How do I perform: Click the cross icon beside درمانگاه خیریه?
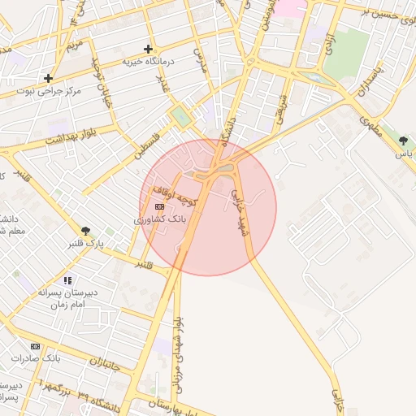click(x=147, y=49)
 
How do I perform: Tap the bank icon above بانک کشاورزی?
click(x=158, y=207)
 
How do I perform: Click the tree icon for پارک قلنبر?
click(x=85, y=231)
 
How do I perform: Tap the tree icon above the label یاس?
click(x=403, y=141)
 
